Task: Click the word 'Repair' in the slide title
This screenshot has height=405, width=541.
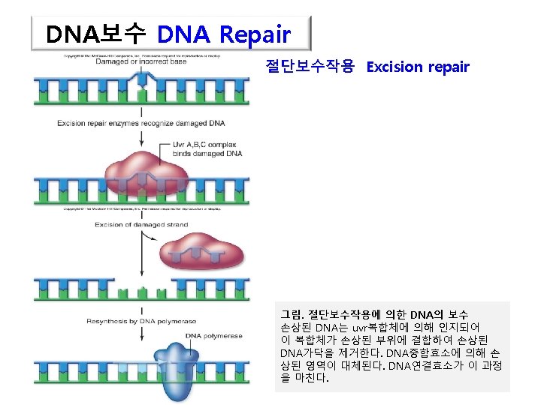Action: (255, 34)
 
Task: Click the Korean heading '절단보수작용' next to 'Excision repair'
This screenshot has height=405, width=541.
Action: (310, 67)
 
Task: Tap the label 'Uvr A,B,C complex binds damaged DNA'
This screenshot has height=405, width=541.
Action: (207, 148)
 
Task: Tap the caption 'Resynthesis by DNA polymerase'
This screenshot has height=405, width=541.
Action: (141, 321)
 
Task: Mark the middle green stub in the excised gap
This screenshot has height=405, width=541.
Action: (141, 289)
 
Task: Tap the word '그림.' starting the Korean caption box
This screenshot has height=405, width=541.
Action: (292, 313)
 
